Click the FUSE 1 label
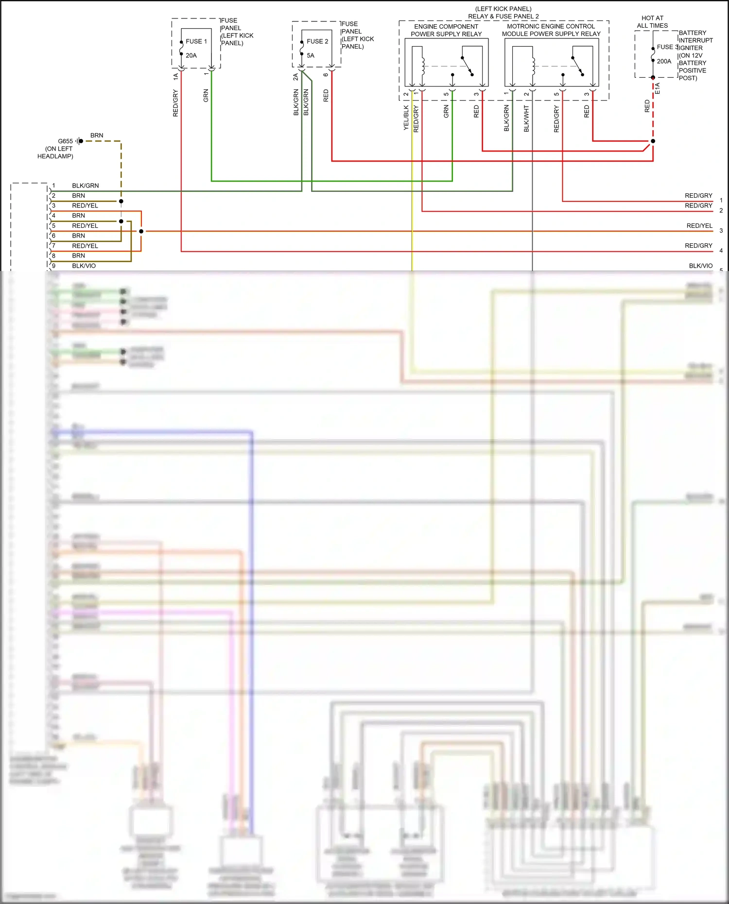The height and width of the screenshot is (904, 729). (x=196, y=41)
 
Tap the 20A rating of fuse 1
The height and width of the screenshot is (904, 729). (x=191, y=55)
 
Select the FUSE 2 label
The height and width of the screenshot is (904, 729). (x=317, y=41)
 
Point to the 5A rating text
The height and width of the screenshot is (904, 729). (x=311, y=55)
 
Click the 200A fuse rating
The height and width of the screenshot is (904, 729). (x=664, y=61)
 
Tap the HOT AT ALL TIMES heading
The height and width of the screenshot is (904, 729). (x=652, y=22)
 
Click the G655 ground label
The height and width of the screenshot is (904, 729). (x=65, y=141)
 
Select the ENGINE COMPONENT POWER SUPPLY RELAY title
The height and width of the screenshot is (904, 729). (x=446, y=30)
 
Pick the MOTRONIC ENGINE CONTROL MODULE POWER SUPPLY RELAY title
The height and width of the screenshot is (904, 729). (x=551, y=30)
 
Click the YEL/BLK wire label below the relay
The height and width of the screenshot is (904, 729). (x=406, y=118)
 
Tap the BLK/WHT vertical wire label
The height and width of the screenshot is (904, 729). (x=526, y=119)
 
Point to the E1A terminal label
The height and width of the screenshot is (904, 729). (x=658, y=88)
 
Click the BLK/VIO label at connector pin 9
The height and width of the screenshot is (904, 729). (x=84, y=266)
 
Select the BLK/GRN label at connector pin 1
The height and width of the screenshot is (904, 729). (x=85, y=186)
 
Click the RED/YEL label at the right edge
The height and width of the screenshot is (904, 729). (x=699, y=225)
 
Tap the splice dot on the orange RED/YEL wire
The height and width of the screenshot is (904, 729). (x=141, y=231)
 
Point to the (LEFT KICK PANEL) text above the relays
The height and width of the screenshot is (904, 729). (x=503, y=9)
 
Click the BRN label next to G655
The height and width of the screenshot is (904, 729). (x=97, y=135)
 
